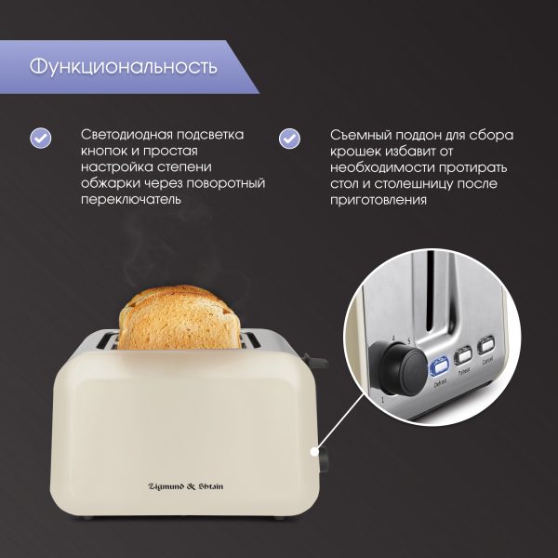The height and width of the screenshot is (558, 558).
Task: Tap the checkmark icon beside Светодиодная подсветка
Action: pos(40,137)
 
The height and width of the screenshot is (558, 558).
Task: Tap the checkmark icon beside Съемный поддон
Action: pos(290,137)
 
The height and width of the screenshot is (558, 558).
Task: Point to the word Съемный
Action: pos(359,134)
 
